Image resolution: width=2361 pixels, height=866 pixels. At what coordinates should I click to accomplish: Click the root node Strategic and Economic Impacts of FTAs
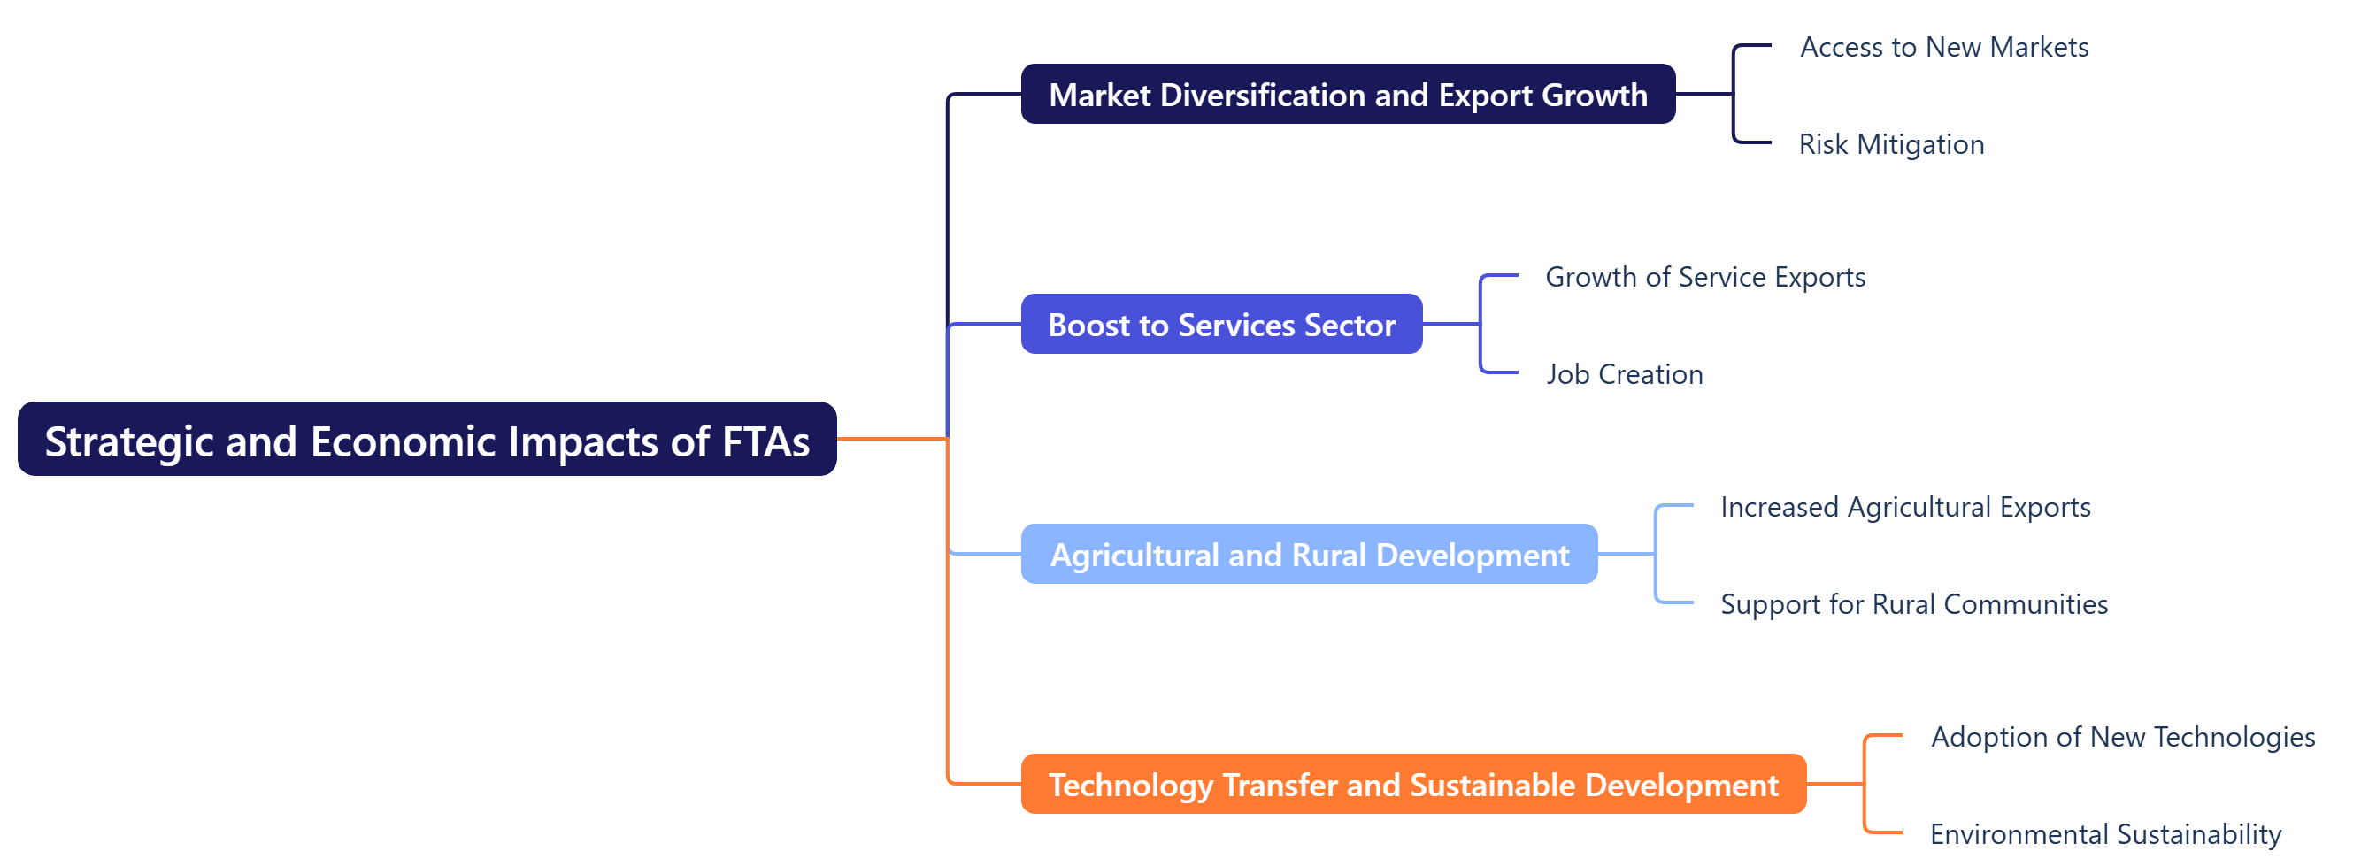click(427, 440)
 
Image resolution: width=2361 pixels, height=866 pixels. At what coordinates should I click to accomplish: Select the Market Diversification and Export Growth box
click(1347, 95)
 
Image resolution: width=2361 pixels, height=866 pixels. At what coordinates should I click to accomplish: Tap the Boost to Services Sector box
click(1221, 325)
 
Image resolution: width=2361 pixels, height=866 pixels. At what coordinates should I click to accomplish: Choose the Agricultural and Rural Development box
click(1309, 555)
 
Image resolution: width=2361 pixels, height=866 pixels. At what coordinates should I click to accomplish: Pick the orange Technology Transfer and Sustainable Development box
click(1412, 785)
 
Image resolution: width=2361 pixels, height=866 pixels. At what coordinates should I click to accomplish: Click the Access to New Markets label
click(1943, 47)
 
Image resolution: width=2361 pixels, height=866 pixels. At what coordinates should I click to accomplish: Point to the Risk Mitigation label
click(1891, 144)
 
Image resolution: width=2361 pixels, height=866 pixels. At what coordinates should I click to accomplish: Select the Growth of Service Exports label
click(1704, 277)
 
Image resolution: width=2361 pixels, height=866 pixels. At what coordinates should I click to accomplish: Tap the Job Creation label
click(1624, 374)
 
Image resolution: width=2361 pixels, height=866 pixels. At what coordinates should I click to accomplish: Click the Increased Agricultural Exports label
click(1904, 507)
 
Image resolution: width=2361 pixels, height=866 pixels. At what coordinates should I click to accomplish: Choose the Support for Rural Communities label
click(1914, 604)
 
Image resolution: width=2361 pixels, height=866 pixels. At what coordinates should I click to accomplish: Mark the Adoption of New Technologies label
click(2122, 737)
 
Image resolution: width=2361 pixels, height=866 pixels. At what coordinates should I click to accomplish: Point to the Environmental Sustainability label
click(2105, 834)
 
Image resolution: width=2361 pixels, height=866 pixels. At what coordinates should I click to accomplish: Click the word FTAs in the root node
click(765, 441)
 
